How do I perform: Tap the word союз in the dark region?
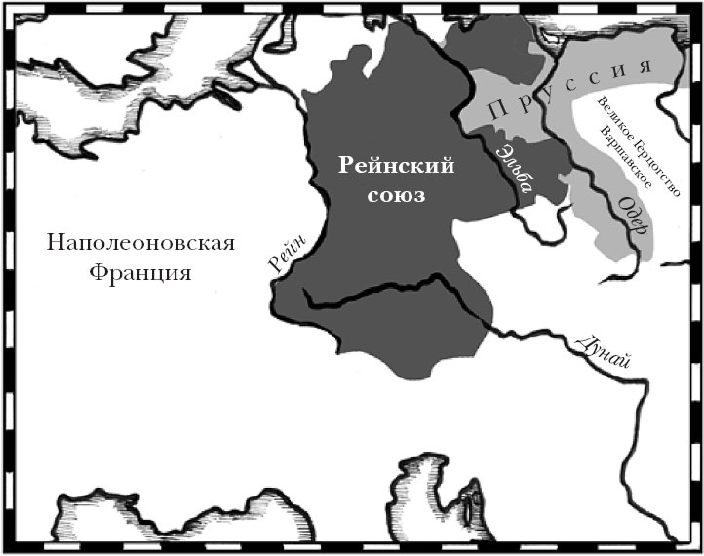click(398, 195)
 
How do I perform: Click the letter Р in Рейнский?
click(346, 166)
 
